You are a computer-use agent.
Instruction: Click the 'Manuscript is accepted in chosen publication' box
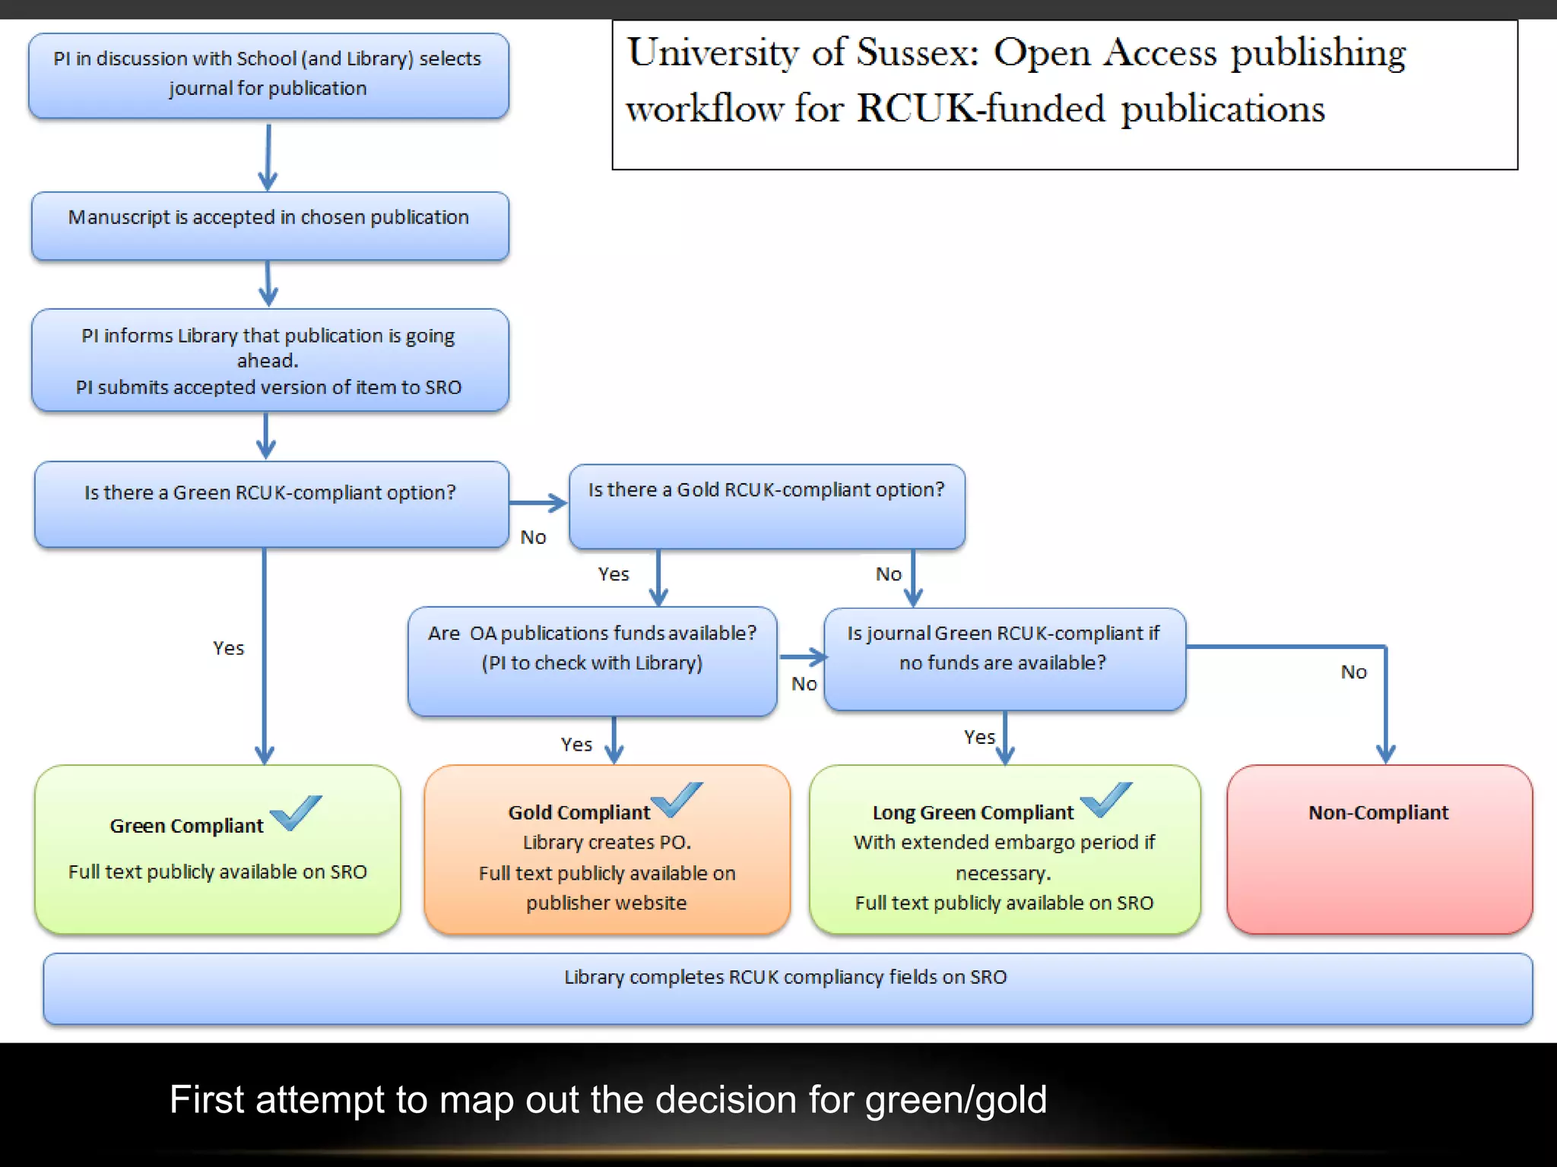coord(269,225)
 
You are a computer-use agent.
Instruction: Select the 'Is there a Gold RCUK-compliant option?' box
coord(766,505)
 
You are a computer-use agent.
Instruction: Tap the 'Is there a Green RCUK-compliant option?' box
coord(271,503)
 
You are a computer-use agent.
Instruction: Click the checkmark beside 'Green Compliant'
coord(296,813)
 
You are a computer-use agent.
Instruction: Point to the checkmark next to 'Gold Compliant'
coord(677,799)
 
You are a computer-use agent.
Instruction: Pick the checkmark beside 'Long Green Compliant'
coord(1106,799)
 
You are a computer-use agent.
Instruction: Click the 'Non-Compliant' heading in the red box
coord(1378,812)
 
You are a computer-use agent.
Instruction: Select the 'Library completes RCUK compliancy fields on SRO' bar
coord(786,988)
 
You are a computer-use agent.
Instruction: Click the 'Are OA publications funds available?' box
coord(591,659)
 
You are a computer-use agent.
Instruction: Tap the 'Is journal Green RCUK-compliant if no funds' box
coord(1004,658)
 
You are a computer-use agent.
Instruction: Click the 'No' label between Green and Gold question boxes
coord(533,537)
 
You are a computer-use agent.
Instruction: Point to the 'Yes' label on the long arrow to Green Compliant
coord(228,648)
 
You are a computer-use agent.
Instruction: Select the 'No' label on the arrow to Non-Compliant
coord(1353,672)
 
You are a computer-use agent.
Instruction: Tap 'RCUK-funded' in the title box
coord(981,108)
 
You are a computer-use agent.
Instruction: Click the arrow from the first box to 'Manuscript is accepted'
coord(268,157)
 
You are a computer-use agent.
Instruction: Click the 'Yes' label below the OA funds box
coord(576,745)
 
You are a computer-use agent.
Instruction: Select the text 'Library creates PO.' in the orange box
coord(607,842)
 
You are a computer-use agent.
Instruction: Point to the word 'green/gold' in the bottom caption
coord(956,1099)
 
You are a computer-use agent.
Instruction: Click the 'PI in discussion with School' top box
coord(268,74)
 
